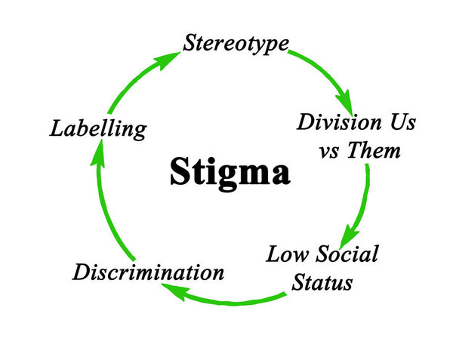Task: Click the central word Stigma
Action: [229, 172]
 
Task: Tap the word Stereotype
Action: [235, 42]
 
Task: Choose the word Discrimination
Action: [148, 272]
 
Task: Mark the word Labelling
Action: [97, 128]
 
